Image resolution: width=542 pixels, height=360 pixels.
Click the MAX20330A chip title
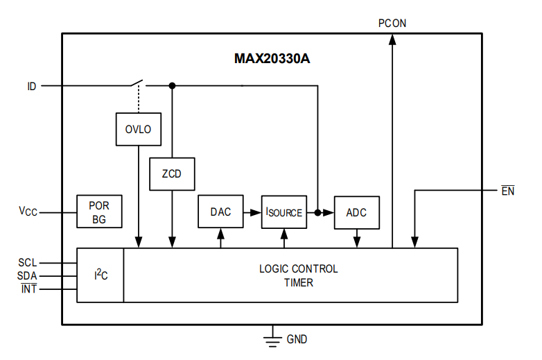[x=272, y=58]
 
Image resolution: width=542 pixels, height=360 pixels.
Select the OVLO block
[x=138, y=129]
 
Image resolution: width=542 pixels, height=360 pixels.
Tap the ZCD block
[x=172, y=174]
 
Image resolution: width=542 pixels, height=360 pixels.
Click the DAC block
[x=220, y=212]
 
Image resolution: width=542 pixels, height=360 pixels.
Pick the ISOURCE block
[x=284, y=212]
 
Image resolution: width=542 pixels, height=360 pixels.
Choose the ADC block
[x=357, y=212]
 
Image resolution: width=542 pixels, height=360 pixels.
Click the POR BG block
[x=99, y=212]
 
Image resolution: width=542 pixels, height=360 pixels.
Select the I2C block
[x=100, y=275]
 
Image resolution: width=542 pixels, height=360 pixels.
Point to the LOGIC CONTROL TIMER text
[x=298, y=275]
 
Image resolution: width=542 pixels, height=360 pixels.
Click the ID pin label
[x=32, y=87]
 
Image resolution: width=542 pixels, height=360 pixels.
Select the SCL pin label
[x=28, y=263]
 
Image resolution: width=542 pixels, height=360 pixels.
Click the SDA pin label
[x=28, y=275]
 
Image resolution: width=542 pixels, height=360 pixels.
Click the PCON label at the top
[x=392, y=23]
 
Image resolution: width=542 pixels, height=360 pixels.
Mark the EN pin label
[x=508, y=191]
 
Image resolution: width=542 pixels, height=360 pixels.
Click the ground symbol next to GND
[x=272, y=339]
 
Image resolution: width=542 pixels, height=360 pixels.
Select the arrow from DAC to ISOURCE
[x=252, y=212]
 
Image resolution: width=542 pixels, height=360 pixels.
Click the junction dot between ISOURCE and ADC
[x=317, y=212]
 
